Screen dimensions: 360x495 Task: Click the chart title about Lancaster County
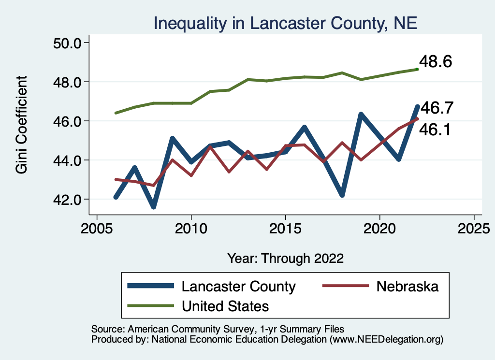[x=285, y=23]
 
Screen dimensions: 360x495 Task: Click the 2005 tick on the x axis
[x=97, y=228]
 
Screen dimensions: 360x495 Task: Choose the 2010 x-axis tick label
[x=191, y=228]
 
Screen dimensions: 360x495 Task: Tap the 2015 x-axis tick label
[x=285, y=228]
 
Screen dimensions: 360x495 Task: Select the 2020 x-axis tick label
[x=379, y=228]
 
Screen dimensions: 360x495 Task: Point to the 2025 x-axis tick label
[x=474, y=228]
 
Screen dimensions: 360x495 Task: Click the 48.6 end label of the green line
[x=435, y=62]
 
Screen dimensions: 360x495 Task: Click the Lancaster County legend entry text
[x=238, y=286]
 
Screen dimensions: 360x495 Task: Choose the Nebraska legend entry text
[x=407, y=286]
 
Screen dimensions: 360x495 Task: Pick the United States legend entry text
[x=225, y=306]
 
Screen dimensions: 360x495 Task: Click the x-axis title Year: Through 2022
[x=285, y=258]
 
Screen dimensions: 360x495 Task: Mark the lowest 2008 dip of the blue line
[x=153, y=206]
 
